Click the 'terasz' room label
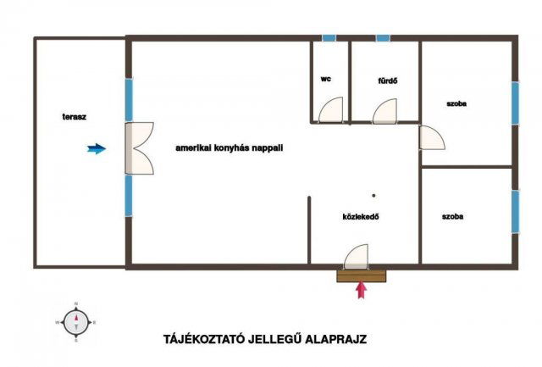[x=75, y=117]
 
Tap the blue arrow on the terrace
[x=97, y=148]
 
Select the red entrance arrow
[x=362, y=290]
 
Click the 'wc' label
[x=325, y=79]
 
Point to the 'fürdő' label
[x=388, y=81]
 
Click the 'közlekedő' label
[x=361, y=217]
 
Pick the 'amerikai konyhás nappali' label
[x=230, y=148]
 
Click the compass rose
[x=76, y=322]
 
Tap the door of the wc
[x=331, y=110]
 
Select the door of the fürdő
[x=384, y=111]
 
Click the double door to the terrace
[x=139, y=148]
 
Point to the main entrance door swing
[x=356, y=257]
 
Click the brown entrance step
[x=362, y=275]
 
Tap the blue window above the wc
[x=329, y=38]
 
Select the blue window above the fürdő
[x=383, y=38]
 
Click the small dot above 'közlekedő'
[x=373, y=196]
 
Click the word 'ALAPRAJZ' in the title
[x=335, y=339]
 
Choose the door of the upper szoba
[x=432, y=137]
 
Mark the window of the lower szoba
[x=515, y=212]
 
